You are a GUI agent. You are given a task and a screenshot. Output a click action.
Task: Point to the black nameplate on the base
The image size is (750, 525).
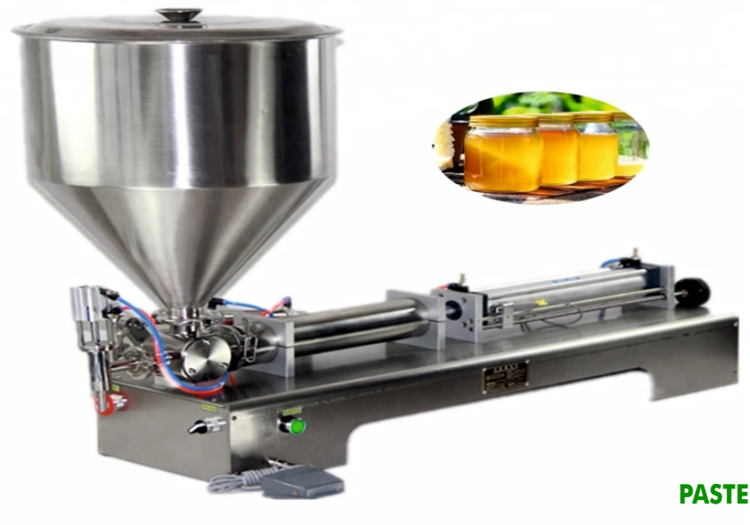(504, 375)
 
